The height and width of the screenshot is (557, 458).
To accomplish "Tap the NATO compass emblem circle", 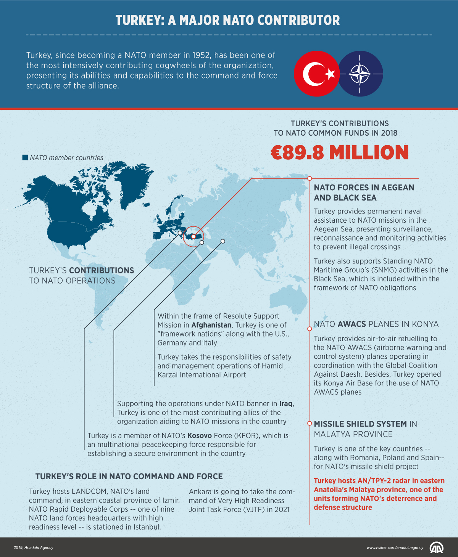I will (361, 74).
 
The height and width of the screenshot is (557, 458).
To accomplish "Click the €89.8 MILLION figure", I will (340, 152).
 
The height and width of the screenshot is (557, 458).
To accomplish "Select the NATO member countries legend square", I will (25, 157).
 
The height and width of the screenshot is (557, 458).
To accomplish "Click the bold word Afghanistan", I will (211, 325).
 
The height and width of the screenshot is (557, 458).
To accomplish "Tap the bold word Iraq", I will (286, 404).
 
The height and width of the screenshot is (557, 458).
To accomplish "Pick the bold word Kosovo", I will (199, 436).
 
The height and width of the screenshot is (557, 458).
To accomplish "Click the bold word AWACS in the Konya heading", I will (352, 324).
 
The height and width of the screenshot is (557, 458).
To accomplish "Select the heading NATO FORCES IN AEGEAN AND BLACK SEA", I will (364, 193).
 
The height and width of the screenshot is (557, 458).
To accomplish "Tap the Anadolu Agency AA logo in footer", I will (436, 548).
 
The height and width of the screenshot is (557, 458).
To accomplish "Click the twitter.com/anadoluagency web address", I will (395, 548).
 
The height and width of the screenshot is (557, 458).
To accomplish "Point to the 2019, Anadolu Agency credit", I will (34, 548).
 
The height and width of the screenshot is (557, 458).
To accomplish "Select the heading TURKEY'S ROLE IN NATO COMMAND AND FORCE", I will (129, 477).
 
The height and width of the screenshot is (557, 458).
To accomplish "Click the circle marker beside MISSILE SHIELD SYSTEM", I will (310, 423).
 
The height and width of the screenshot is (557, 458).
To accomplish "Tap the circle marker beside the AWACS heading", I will (310, 328).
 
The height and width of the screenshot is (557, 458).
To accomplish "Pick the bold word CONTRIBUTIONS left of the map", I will (102, 271).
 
